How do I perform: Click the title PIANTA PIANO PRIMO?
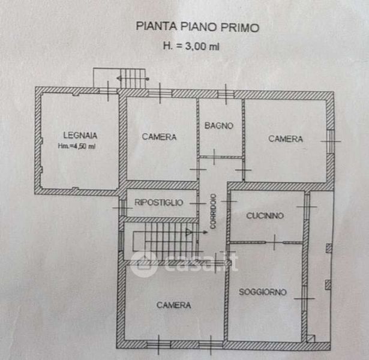click(x=197, y=26)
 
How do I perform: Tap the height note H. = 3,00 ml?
click(x=191, y=46)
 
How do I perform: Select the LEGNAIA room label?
click(x=80, y=135)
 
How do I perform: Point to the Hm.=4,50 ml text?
click(x=77, y=146)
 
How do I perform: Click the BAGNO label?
click(x=219, y=125)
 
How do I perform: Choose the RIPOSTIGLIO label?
click(x=159, y=203)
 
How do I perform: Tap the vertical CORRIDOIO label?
click(x=213, y=211)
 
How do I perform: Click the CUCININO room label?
click(x=265, y=215)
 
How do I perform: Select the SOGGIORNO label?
click(x=263, y=292)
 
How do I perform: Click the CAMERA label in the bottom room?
click(x=173, y=305)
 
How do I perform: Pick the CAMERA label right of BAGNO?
click(x=286, y=139)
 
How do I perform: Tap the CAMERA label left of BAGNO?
click(x=159, y=137)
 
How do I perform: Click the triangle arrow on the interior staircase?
click(x=189, y=232)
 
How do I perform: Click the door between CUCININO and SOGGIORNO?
click(x=274, y=242)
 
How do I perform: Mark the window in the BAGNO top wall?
click(x=226, y=94)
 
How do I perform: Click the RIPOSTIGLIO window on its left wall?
click(x=122, y=208)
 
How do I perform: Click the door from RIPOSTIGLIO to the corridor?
click(x=198, y=203)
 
